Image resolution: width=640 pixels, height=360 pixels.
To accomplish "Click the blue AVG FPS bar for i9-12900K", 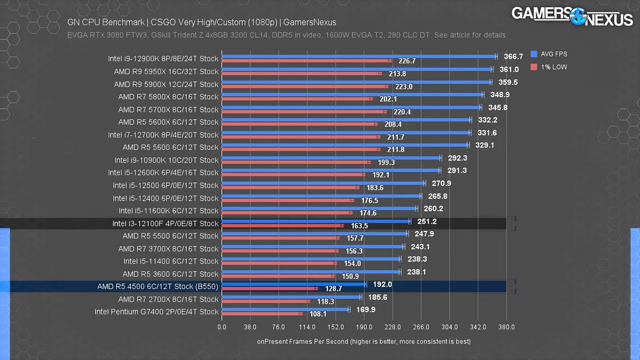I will tap(359, 56).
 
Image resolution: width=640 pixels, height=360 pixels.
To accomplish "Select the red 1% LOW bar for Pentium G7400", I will tap(262, 314).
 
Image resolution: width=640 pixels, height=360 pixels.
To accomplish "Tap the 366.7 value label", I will tap(513, 56).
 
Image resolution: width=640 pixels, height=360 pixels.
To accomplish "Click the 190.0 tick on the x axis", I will tap(364, 327).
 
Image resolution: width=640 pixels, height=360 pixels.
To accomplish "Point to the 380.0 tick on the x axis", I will tap(506, 327).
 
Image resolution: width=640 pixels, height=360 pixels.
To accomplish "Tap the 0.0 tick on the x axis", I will tap(222, 327).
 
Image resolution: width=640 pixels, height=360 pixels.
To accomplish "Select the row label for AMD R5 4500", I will tap(158, 287).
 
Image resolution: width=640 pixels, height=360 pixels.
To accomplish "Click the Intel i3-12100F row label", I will tap(166, 224).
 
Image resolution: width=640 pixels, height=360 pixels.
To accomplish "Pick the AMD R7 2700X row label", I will tap(169, 299).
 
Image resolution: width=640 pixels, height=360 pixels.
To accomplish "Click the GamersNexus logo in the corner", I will tap(572, 16).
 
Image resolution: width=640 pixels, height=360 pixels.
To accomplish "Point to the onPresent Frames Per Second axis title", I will tap(363, 341).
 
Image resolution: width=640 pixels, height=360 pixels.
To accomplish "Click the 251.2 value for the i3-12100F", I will tap(426, 221).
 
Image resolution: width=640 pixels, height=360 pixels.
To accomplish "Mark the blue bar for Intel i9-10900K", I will tap(331, 158).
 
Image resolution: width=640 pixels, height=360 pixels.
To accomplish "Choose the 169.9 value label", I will tap(365, 310).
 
